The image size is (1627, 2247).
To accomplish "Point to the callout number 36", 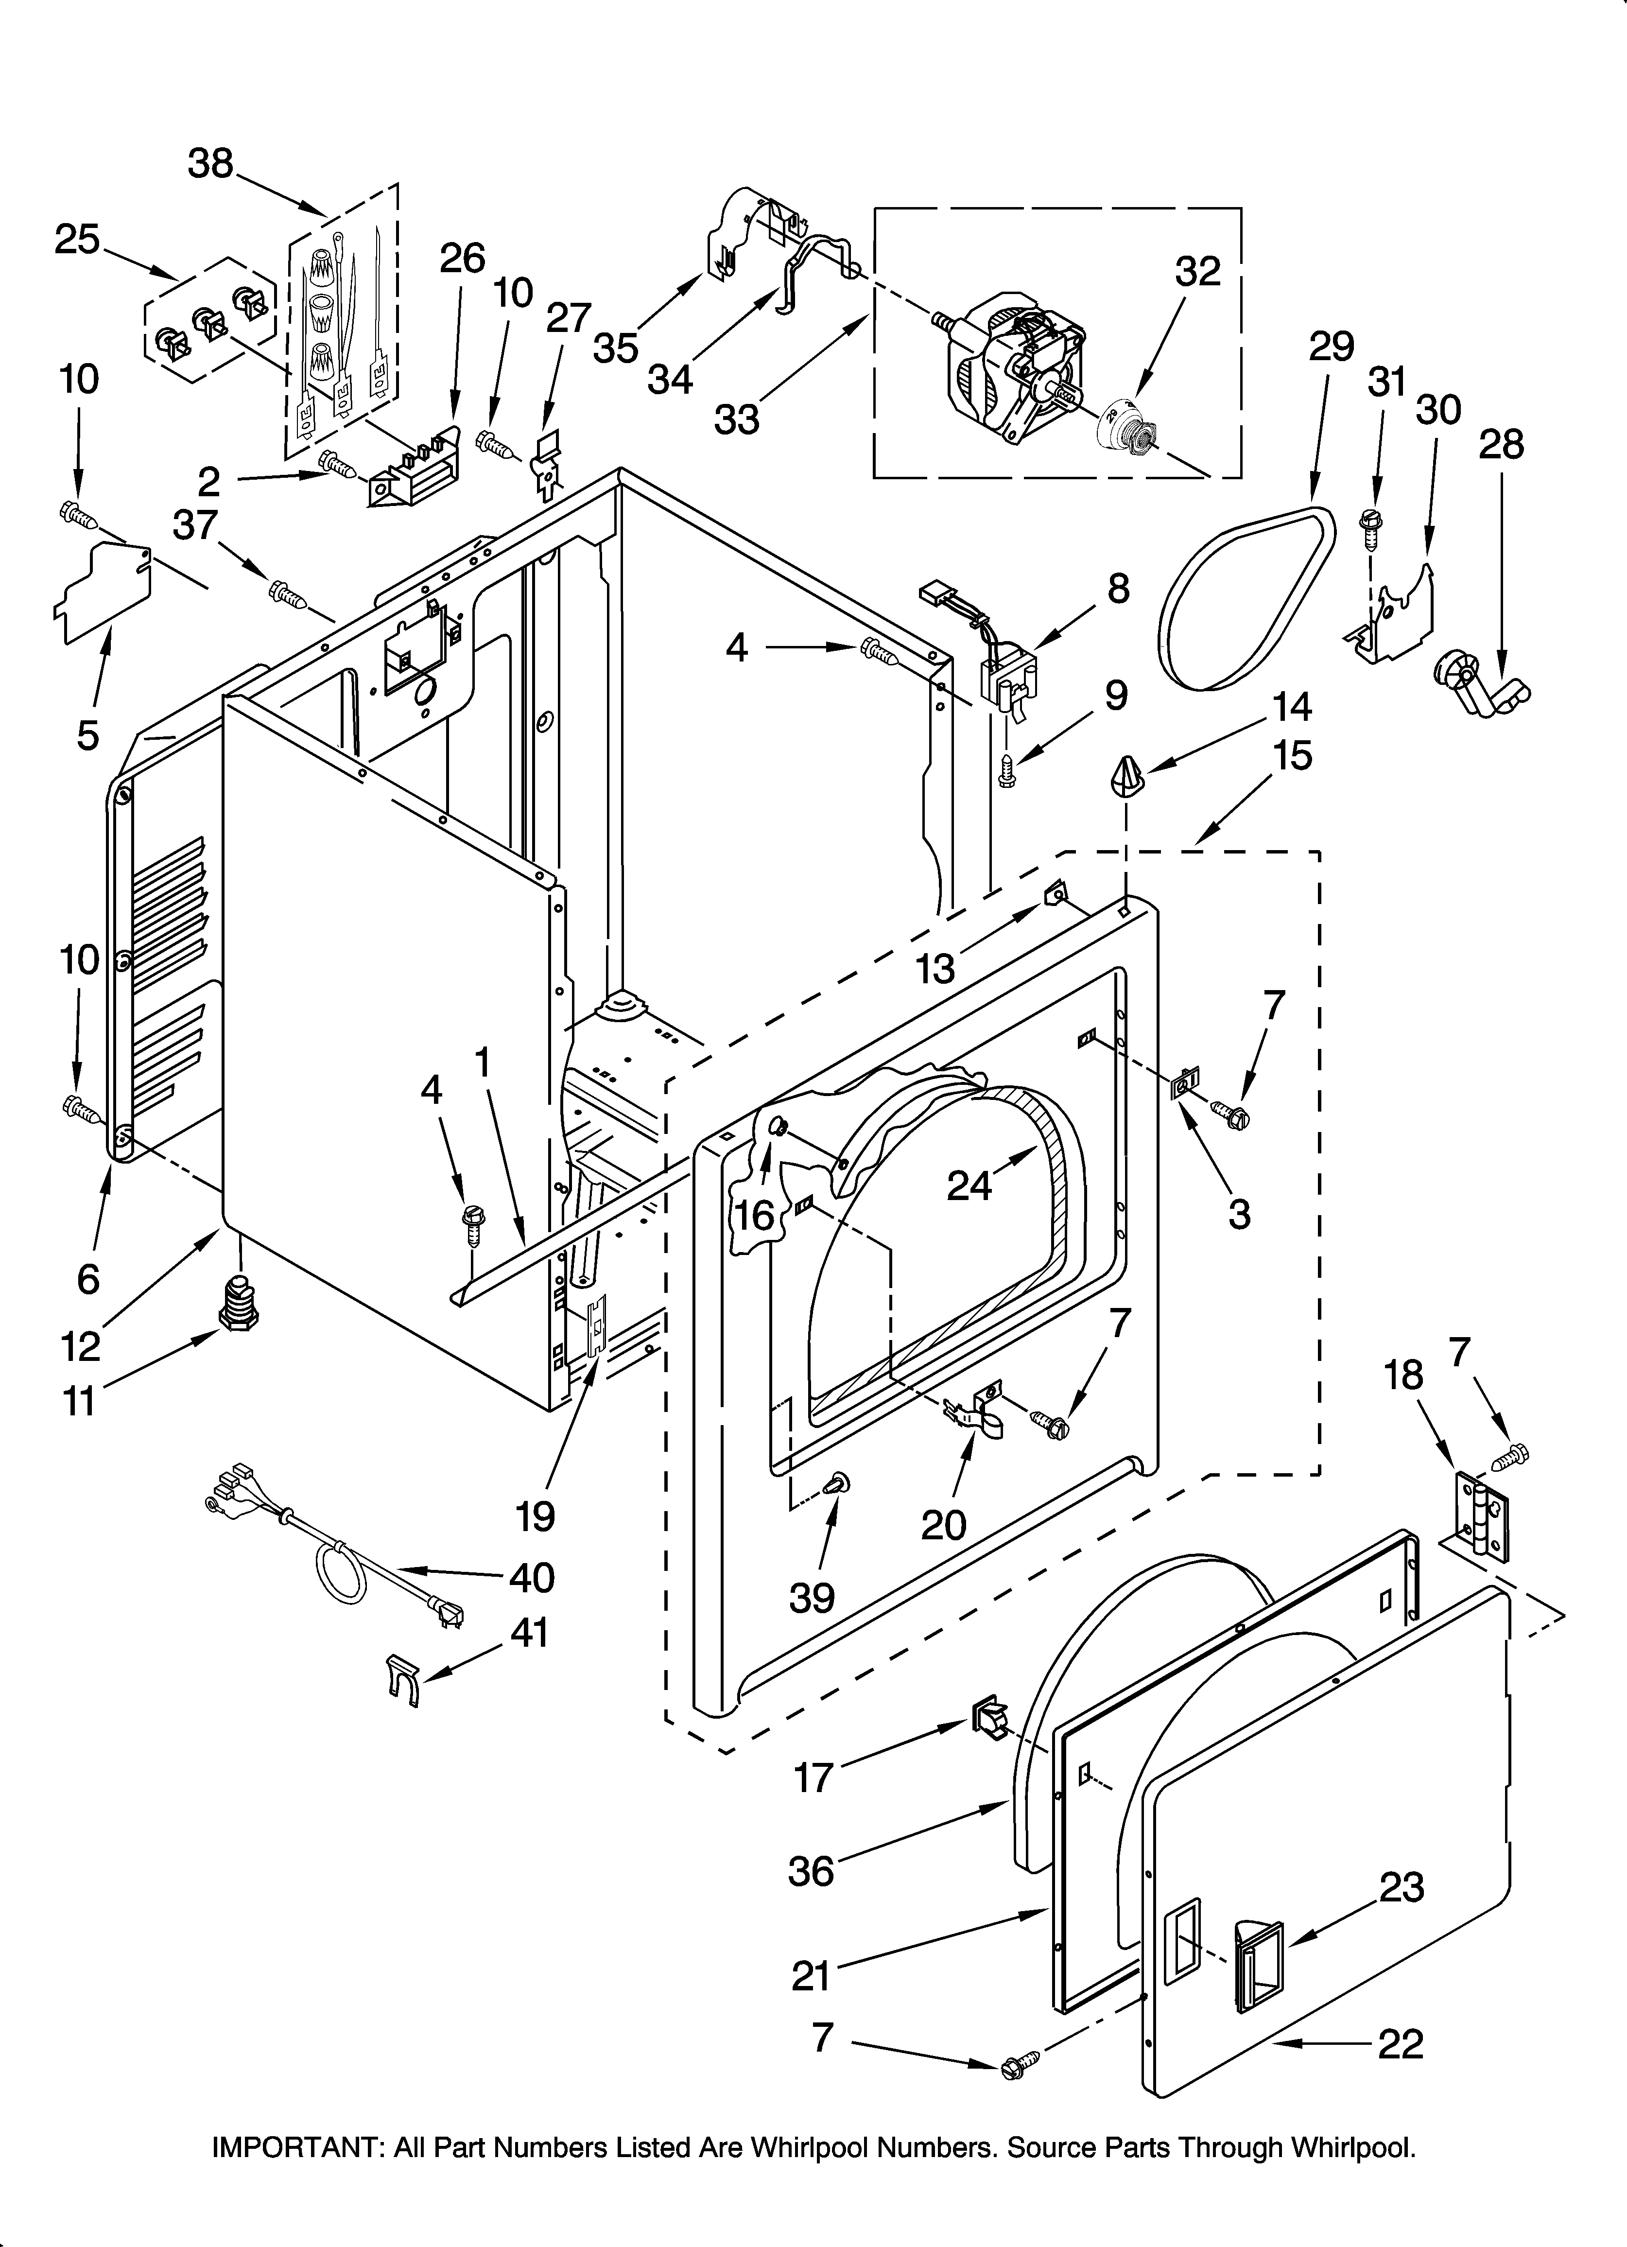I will (x=811, y=1871).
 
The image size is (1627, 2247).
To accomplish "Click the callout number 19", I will (x=535, y=1516).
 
